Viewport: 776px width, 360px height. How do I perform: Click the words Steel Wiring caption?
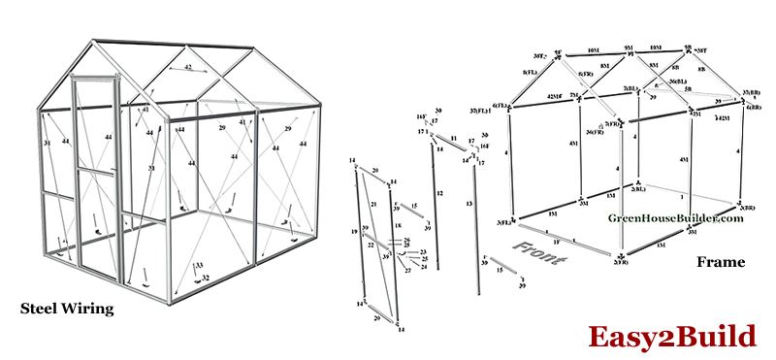67,309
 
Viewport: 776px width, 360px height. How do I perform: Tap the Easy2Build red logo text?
671,337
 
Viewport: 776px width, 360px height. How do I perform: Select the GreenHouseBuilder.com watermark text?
675,219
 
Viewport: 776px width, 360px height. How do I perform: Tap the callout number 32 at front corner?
206,278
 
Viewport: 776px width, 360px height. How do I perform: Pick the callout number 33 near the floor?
198,265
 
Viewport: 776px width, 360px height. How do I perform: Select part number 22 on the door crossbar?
371,245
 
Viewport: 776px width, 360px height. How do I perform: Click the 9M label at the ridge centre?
629,47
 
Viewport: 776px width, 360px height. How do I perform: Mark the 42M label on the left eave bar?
552,97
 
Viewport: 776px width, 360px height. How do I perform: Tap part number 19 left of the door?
355,232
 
